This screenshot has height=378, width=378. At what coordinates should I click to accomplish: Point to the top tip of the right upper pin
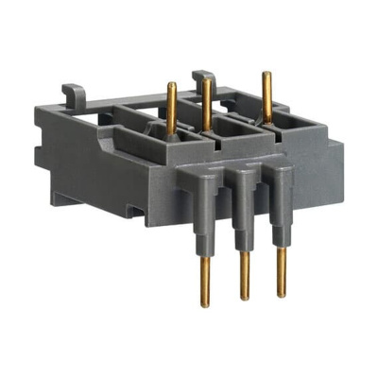point(266,75)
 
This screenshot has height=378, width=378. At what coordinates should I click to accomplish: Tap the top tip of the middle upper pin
point(206,82)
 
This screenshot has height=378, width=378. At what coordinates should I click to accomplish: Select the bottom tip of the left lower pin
point(205,304)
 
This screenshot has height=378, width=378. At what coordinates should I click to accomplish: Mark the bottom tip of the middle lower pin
point(244,299)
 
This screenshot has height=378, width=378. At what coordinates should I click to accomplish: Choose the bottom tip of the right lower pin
point(281,295)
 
